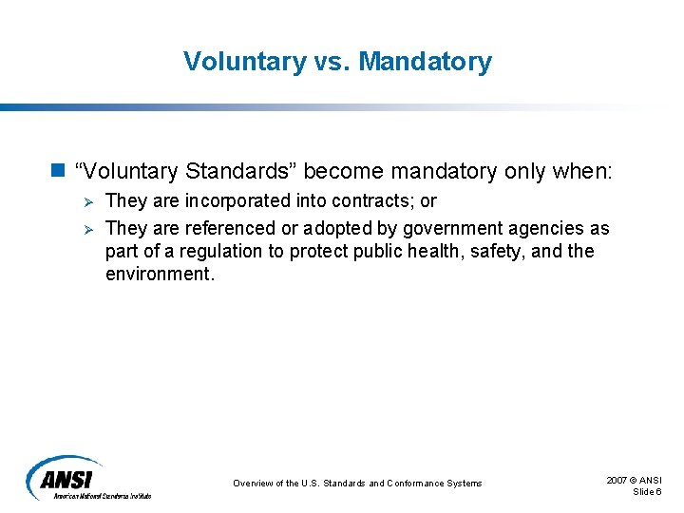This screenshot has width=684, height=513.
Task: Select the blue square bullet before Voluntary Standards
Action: pyautogui.click(x=57, y=171)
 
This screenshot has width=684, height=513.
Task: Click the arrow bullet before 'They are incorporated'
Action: pyautogui.click(x=85, y=201)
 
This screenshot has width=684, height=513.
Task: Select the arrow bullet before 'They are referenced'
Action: pyautogui.click(x=85, y=229)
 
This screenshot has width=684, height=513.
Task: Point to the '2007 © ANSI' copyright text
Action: pyautogui.click(x=634, y=481)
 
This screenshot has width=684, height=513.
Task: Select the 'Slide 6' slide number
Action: pyautogui.click(x=647, y=491)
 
